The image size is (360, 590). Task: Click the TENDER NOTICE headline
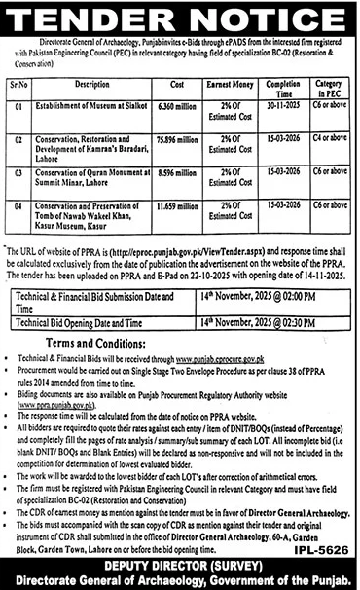[x=180, y=19]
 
